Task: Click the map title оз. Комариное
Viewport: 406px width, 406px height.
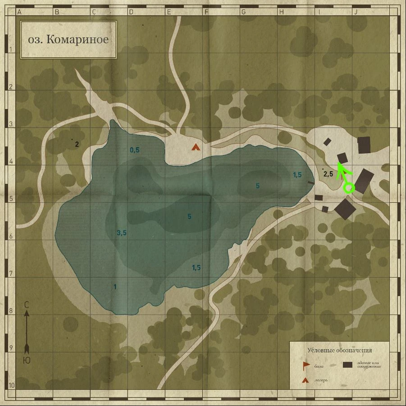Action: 68,39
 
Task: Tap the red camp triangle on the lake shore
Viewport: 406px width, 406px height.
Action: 195,147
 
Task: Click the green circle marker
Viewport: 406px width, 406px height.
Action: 348,187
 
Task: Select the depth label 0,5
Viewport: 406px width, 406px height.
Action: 135,150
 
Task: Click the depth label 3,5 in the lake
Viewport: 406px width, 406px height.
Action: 121,233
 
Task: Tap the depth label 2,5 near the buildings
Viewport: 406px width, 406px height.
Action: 328,174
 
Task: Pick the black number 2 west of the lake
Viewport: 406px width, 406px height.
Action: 77,145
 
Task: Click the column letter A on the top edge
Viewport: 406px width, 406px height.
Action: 19,12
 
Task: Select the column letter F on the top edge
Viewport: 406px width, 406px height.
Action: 206,12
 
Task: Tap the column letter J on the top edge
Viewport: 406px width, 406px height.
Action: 355,12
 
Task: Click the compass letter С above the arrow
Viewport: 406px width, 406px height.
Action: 27,305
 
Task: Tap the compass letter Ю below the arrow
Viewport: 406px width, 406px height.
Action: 27,360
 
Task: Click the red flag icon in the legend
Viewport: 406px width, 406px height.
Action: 306,365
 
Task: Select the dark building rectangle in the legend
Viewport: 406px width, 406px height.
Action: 347,365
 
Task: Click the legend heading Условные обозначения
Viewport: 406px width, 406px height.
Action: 340,350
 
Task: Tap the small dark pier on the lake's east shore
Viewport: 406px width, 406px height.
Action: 311,182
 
